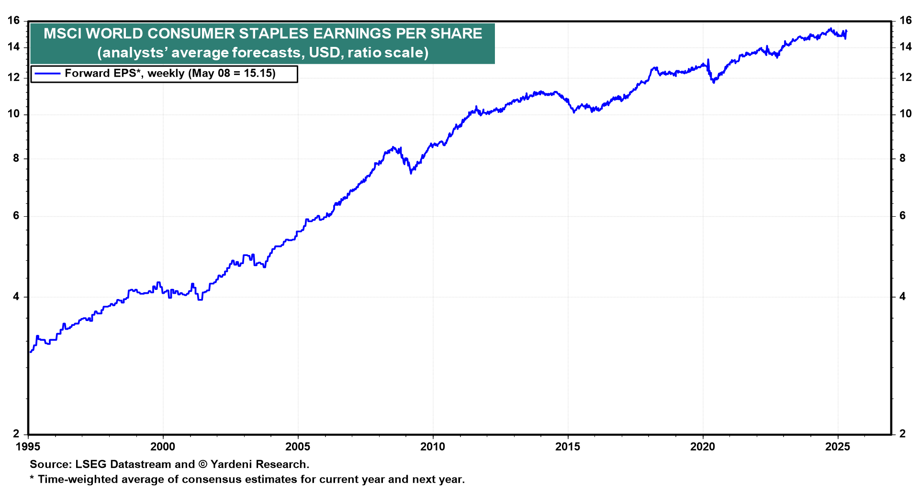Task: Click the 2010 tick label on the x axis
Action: tap(432, 447)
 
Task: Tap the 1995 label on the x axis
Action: tap(28, 447)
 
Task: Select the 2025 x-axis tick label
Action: tap(838, 447)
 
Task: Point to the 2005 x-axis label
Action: tap(297, 447)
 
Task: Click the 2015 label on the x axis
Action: tap(568, 447)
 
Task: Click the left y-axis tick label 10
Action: tap(14, 114)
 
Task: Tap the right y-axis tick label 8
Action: tap(902, 158)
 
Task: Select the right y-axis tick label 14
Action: tap(905, 47)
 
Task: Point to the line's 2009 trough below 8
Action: tap(411, 173)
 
